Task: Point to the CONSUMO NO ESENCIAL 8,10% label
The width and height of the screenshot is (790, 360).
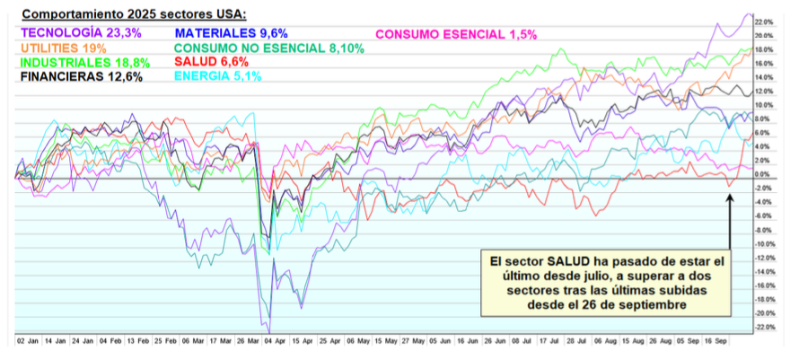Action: (x=269, y=48)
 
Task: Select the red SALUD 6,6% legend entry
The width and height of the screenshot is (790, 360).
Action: (x=212, y=62)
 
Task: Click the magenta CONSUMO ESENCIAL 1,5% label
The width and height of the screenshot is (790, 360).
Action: (x=455, y=34)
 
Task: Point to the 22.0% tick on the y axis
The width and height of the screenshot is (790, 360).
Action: (x=763, y=22)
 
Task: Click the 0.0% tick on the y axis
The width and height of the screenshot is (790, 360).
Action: (x=763, y=174)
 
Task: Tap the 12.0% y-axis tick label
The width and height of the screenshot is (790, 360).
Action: (x=763, y=91)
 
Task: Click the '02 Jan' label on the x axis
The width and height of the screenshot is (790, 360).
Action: (x=27, y=342)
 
